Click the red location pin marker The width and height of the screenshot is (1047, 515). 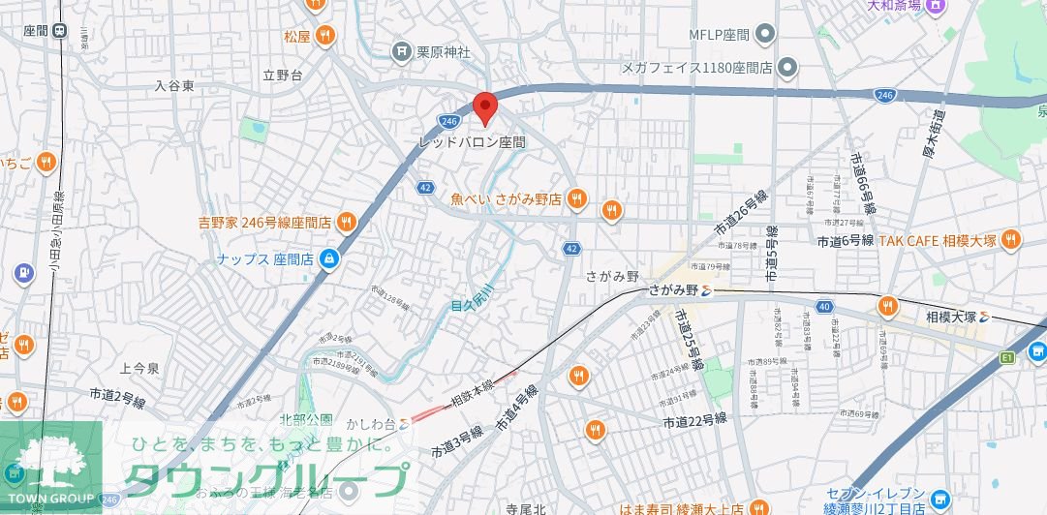tap(484, 107)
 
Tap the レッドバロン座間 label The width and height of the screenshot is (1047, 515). tap(471, 141)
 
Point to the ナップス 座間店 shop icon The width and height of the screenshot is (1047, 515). tap(329, 258)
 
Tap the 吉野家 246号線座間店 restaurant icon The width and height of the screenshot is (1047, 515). tap(346, 222)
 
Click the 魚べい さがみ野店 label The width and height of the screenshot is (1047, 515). tap(507, 199)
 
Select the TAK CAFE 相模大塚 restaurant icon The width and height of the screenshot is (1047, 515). tap(1011, 239)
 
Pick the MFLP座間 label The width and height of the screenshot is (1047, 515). tap(720, 35)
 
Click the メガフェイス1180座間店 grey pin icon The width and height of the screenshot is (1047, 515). tap(787, 68)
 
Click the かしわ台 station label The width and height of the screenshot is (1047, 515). tap(378, 424)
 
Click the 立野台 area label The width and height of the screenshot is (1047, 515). tap(282, 75)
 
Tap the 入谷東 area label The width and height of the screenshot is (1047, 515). tap(174, 86)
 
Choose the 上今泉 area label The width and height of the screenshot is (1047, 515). tap(139, 369)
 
